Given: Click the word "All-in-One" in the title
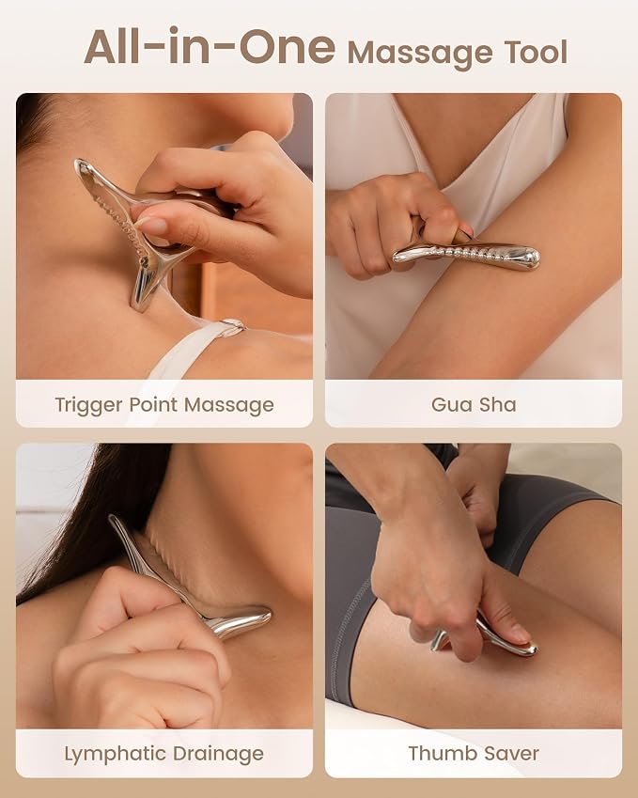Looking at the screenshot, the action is coord(210,47).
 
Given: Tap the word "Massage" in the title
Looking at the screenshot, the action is coord(420,54).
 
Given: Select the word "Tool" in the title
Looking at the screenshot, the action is coord(536,52).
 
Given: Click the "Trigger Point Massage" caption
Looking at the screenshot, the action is coord(164,405).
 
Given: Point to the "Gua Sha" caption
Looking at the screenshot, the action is coord(474,404).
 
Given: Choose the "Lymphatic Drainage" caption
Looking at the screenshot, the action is coord(163,754).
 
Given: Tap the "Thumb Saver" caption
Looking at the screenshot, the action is coord(474,753).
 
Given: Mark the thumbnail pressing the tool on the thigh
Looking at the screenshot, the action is coord(519,634).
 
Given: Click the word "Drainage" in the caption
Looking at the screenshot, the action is coord(218,754).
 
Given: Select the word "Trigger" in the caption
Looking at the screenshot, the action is coord(88,406).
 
